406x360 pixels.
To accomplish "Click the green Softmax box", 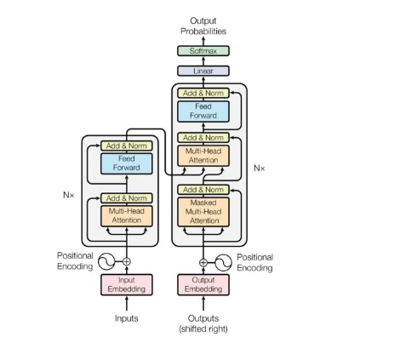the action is click(203, 51).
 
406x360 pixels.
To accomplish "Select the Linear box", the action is click(203, 71).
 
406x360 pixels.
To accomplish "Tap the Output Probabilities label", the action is click(203, 26).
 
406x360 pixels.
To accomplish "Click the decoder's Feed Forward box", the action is click(203, 111).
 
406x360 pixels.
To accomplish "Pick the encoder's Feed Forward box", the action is click(127, 163).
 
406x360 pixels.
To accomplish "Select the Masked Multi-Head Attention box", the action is click(203, 212).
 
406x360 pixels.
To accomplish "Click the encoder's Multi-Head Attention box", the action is click(127, 216).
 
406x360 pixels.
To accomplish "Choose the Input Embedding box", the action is click(127, 284).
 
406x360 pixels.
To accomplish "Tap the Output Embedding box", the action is click(203, 284).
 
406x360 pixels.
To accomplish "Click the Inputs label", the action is click(127, 318).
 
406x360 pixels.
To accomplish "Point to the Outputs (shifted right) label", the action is click(203, 323).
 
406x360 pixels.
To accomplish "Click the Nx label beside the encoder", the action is click(69, 195).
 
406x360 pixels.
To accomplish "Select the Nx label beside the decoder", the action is click(260, 169).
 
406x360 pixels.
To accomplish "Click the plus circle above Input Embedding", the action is click(127, 261).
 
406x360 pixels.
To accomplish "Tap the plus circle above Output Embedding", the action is click(203, 263).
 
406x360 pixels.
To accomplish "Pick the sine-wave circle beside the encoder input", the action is click(106, 261).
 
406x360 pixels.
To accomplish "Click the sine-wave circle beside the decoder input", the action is click(224, 263).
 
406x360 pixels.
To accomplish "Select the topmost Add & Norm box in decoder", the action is click(203, 93).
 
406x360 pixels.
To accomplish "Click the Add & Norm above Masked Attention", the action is click(203, 190).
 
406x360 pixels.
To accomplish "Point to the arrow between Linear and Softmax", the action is click(203, 61).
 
